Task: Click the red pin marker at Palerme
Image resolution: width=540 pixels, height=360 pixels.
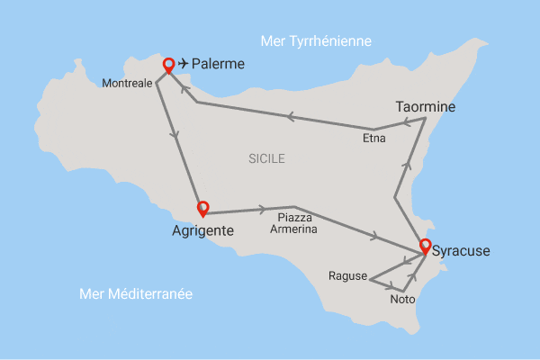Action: (x=167, y=65)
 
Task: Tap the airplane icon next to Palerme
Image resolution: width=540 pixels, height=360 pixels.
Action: (x=184, y=64)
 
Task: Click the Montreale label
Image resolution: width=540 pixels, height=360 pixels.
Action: (x=127, y=83)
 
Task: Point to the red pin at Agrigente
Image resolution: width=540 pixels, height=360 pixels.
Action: (x=203, y=208)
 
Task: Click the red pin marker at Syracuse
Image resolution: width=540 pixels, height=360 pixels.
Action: (x=424, y=242)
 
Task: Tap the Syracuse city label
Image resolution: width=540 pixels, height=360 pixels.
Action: (x=461, y=251)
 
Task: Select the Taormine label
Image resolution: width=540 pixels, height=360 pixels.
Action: (x=426, y=107)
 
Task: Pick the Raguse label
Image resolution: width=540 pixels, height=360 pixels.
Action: (x=347, y=275)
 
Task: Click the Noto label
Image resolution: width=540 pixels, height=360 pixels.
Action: (x=402, y=300)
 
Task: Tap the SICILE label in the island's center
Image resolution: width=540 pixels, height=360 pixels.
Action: (x=266, y=159)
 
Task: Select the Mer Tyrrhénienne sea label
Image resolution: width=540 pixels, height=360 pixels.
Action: (x=315, y=41)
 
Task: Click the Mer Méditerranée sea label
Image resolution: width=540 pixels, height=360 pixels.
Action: (x=136, y=293)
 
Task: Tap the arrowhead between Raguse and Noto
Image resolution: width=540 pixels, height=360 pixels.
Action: (x=392, y=288)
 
